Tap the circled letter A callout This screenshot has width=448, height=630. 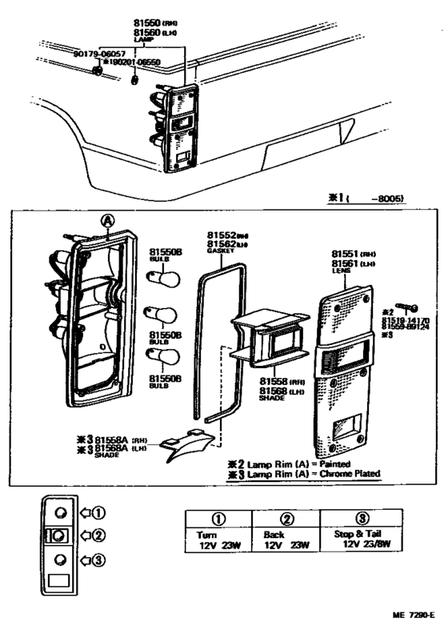(106, 222)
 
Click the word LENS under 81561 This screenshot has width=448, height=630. (341, 271)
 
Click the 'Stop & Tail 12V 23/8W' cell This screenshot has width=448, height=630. (362, 540)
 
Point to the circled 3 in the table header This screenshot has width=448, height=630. (362, 518)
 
